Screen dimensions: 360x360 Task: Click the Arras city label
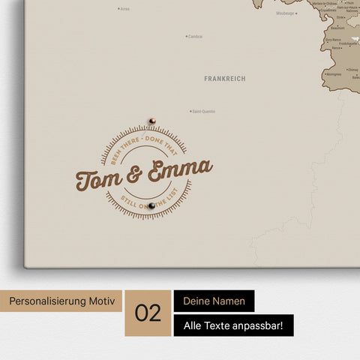[x=124, y=9]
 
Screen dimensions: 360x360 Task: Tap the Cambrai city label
[x=194, y=36]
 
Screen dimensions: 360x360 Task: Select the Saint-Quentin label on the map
[x=203, y=112]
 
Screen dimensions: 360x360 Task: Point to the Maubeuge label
[x=285, y=13]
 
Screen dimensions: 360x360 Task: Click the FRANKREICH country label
[x=224, y=78]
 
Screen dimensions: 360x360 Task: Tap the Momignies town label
[x=334, y=74]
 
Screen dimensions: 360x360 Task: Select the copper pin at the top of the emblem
[x=151, y=120]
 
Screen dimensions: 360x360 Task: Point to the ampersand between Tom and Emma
[x=135, y=175]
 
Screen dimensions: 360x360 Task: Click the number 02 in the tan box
[x=148, y=313]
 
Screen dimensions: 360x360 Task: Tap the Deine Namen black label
[x=214, y=301]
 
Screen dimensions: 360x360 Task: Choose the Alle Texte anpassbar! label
[x=232, y=325]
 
